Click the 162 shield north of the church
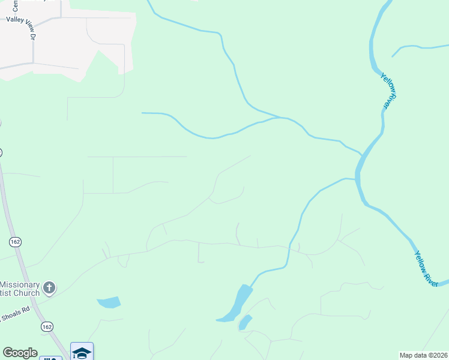16,241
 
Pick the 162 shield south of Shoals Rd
46,326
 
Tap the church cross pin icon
49,288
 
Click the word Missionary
19,284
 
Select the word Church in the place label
25,293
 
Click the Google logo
20,353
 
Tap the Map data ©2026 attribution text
423,355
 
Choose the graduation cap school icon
82,352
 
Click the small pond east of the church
109,302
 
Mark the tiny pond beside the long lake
244,323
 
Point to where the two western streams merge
280,117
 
